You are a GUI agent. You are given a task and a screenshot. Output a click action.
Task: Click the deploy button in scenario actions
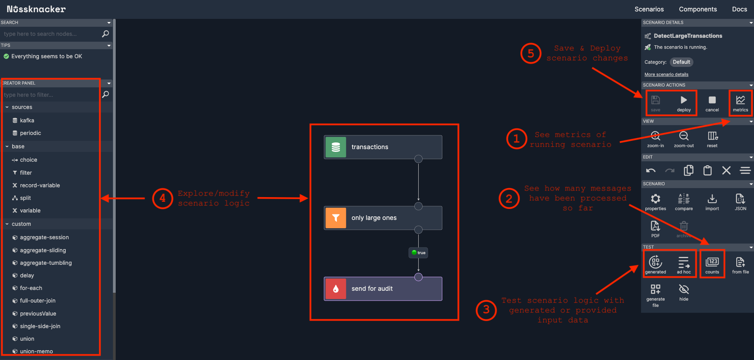coord(684,103)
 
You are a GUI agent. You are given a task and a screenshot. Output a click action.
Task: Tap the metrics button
coord(740,103)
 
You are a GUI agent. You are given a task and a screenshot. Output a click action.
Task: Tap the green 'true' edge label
coord(418,253)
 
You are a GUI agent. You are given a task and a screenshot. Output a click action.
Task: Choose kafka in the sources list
coord(27,120)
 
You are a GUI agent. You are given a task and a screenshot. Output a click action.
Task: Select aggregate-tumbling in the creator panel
coord(46,263)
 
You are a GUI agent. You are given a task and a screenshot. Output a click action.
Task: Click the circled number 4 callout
coord(163,198)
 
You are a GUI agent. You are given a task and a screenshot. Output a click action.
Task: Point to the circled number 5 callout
coord(530,53)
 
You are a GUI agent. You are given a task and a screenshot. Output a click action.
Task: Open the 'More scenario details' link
coord(666,74)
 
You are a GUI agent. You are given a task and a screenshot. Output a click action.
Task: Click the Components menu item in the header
coord(698,9)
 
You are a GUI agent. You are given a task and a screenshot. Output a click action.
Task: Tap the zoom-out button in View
coord(684,139)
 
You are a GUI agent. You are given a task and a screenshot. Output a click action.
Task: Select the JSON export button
coord(740,202)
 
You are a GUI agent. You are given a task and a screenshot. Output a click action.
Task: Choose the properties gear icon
coord(655,202)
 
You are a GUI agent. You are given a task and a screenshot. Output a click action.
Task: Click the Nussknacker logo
coord(36,9)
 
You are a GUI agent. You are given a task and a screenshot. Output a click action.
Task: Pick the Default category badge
coord(681,62)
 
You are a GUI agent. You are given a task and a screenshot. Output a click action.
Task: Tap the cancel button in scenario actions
coord(712,103)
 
